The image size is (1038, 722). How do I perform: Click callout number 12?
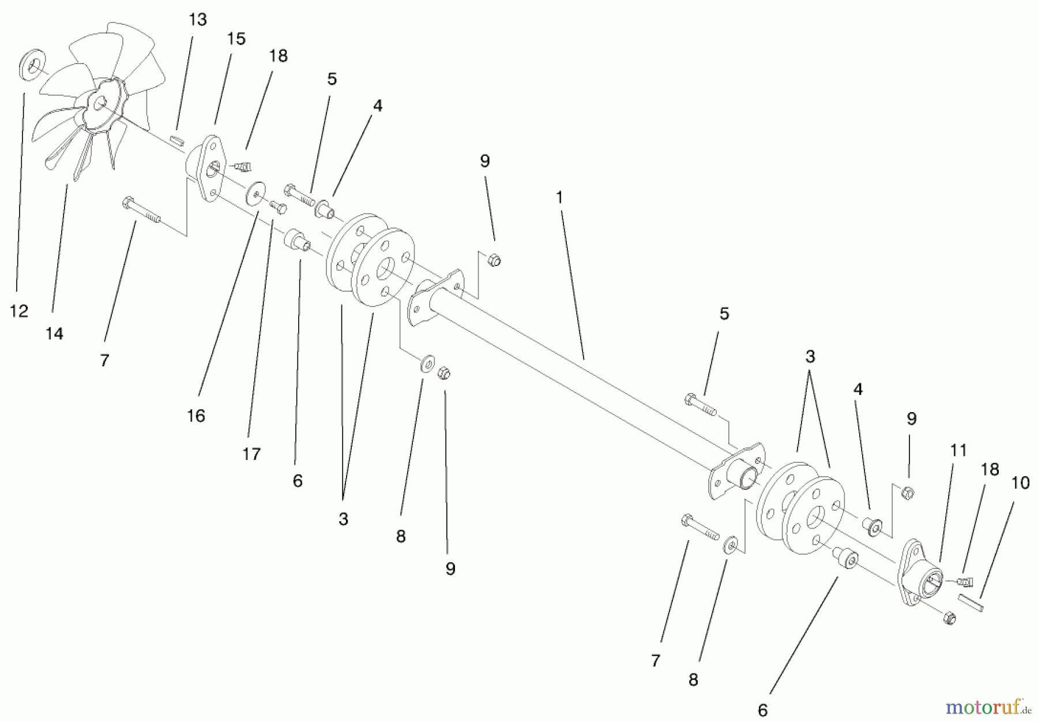18,312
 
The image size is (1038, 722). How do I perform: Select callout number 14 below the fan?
54,334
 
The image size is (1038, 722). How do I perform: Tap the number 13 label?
197,20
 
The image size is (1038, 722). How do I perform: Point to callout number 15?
236,39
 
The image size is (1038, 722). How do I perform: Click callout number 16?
196,416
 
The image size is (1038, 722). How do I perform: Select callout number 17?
251,454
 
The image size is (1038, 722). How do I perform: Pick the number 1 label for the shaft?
558,197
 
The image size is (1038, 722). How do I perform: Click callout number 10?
1020,482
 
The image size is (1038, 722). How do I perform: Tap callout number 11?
958,450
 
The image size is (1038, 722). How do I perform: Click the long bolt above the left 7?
141,211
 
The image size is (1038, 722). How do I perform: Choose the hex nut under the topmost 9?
494,260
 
